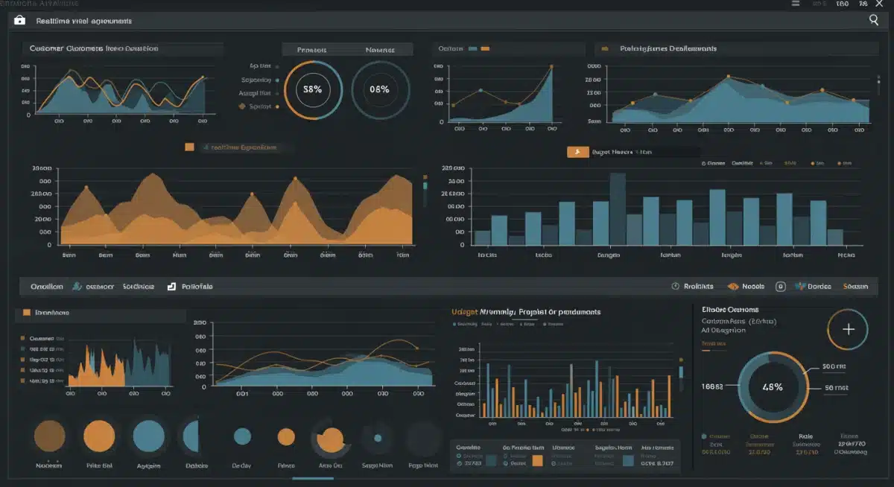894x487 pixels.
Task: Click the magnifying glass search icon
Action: (x=874, y=21)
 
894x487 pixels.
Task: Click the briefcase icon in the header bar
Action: (x=20, y=21)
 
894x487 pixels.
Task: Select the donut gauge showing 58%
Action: (x=308, y=89)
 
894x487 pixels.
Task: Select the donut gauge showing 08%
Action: (x=379, y=89)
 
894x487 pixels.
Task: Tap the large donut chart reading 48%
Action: (x=772, y=387)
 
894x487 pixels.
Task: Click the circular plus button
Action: (x=848, y=330)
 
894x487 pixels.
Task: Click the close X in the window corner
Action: (x=880, y=4)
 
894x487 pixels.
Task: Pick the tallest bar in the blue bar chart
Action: (x=618, y=209)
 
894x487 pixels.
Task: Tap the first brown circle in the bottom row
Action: (x=50, y=436)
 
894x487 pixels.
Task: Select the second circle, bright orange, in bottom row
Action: (x=98, y=436)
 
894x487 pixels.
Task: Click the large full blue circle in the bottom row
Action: (x=148, y=436)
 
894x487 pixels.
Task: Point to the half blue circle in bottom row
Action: (x=191, y=436)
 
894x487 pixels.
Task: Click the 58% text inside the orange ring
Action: (x=308, y=89)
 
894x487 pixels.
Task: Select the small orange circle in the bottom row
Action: (x=286, y=436)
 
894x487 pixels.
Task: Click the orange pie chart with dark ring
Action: (x=330, y=438)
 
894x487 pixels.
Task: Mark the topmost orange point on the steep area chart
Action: (x=552, y=67)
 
